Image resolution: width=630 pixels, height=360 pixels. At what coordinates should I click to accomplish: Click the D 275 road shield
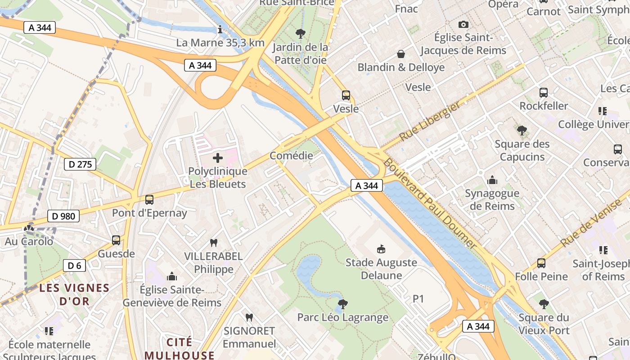(x=81, y=164)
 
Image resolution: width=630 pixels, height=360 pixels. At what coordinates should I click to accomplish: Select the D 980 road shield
(x=63, y=216)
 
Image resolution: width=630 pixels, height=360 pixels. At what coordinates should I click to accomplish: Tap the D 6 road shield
(x=74, y=265)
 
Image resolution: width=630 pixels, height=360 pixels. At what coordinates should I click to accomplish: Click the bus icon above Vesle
(x=346, y=95)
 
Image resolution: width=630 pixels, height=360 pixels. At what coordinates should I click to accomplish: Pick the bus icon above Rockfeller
(x=544, y=93)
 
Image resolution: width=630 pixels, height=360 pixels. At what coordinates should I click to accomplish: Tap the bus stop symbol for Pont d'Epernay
(x=149, y=199)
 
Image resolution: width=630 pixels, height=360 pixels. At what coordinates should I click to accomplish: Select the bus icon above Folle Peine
(x=541, y=263)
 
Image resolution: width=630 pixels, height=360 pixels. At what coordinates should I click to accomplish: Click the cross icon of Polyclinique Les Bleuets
(x=218, y=158)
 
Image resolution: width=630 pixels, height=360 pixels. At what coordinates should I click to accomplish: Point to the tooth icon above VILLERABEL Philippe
(x=214, y=243)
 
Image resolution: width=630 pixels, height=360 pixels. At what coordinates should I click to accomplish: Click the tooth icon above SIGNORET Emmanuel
(x=249, y=317)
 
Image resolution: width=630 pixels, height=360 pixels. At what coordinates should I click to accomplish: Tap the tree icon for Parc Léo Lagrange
(x=343, y=304)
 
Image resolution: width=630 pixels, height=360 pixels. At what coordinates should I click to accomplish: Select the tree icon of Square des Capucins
(x=522, y=130)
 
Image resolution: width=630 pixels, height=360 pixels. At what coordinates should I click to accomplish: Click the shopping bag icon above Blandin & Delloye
(x=400, y=54)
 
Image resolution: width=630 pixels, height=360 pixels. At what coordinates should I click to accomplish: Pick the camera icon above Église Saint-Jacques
(x=463, y=24)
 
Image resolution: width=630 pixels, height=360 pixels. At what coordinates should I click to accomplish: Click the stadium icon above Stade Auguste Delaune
(x=381, y=249)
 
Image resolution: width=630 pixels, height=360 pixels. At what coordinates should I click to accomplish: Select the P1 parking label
(x=418, y=299)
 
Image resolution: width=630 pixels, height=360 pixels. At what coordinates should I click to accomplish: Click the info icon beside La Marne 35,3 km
(x=220, y=30)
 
